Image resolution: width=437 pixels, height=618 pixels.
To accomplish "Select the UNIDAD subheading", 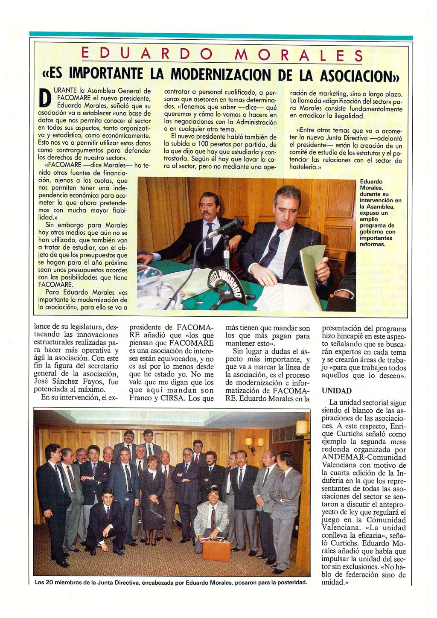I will pos(336,391).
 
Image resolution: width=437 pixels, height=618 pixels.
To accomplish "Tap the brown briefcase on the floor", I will pos(216,549).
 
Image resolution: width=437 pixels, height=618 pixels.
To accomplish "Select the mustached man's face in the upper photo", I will pos(211,207).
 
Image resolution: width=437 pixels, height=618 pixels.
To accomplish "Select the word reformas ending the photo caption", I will pos(372,245).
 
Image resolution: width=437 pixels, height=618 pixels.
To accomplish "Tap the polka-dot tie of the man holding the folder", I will pos(271,249).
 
